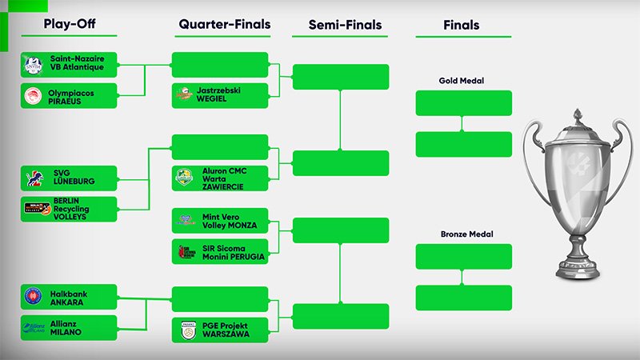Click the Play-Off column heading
click(x=70, y=25)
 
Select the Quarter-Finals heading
click(x=223, y=25)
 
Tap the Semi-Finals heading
click(x=345, y=25)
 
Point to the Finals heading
click(x=462, y=25)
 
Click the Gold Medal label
click(x=462, y=81)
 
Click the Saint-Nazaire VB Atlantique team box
click(x=70, y=64)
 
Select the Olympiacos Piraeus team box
click(x=70, y=96)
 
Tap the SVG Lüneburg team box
click(x=70, y=178)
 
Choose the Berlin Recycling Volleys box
click(x=70, y=209)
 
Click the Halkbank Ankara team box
click(x=70, y=297)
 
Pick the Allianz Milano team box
click(x=70, y=328)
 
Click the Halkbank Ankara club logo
click(x=34, y=297)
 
